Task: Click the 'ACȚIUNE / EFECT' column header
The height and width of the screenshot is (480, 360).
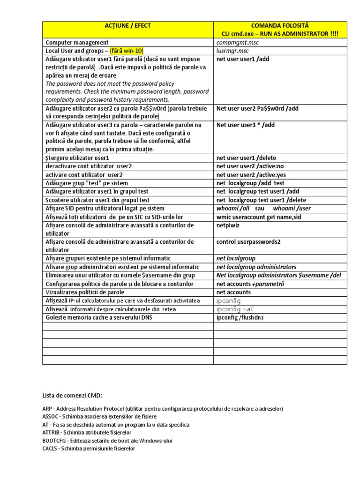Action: tap(128, 25)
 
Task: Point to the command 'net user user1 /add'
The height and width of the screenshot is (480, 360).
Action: tap(243, 59)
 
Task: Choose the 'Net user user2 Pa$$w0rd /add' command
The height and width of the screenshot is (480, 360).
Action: tap(257, 108)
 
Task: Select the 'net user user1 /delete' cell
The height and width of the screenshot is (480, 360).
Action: tap(246, 158)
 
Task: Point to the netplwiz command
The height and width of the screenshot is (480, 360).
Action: tap(229, 225)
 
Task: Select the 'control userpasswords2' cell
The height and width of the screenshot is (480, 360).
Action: tap(248, 242)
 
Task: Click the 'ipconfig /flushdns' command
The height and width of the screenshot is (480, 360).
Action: tap(240, 318)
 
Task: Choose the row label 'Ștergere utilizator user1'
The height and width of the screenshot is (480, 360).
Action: tap(77, 158)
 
